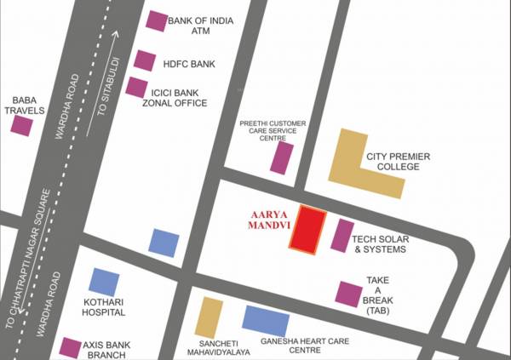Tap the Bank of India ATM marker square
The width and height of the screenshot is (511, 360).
tap(157, 21)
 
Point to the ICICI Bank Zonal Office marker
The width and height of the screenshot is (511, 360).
tap(136, 86)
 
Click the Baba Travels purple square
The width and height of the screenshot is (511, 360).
tap(21, 126)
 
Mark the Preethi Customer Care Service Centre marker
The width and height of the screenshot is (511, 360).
tap(282, 157)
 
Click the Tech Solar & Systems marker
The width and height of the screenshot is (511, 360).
tap(342, 236)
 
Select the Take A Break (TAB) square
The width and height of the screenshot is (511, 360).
tap(349, 294)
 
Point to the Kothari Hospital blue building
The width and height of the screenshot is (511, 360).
tap(105, 283)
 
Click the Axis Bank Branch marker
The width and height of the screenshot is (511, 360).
tap(71, 347)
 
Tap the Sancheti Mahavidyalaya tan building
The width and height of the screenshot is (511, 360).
tap(209, 317)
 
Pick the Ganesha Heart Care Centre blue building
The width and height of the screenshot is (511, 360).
tap(267, 320)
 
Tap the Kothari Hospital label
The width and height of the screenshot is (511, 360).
tap(105, 306)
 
